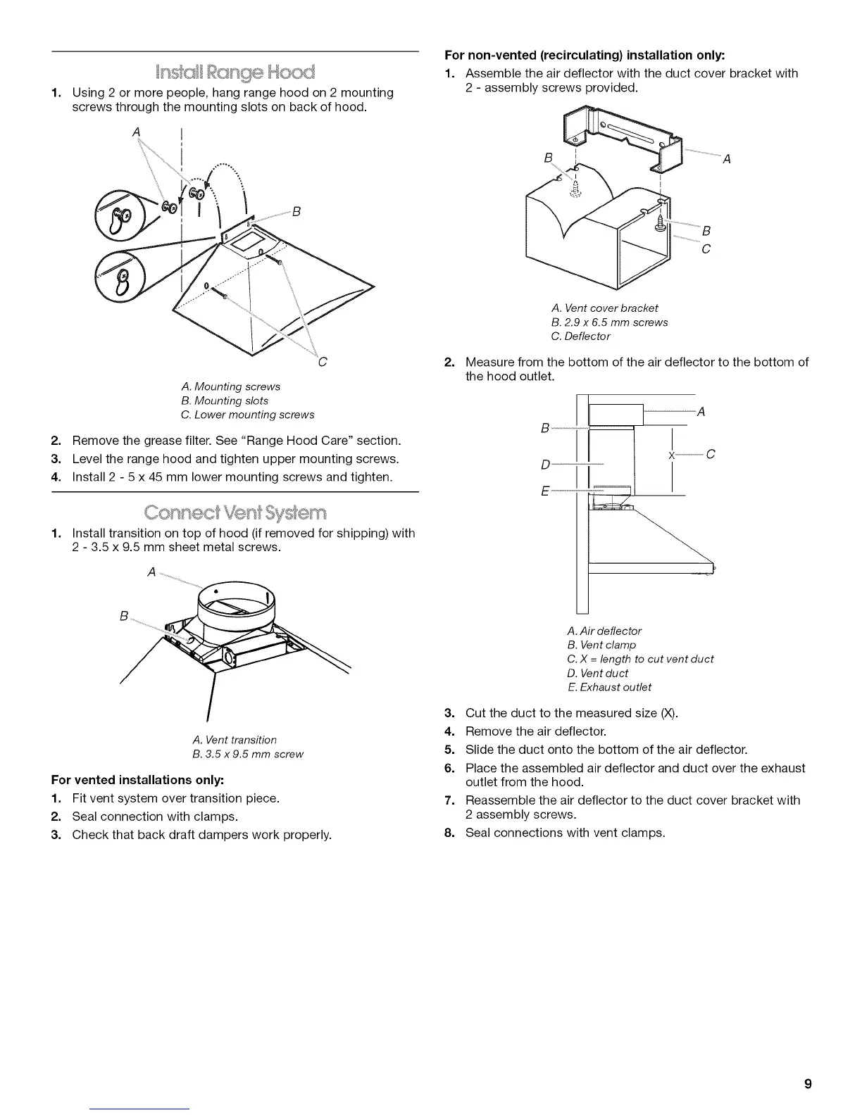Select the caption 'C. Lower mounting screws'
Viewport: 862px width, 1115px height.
[247, 415]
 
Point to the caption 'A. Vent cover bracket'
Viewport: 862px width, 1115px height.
[605, 308]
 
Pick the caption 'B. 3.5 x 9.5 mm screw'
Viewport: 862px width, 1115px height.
[247, 754]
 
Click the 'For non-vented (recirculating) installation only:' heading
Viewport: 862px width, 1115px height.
[584, 55]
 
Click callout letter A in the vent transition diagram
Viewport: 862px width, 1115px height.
[151, 572]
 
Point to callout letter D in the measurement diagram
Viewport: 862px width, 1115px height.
[544, 465]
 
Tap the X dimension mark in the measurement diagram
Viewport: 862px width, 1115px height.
[672, 455]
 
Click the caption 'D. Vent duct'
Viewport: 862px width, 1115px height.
[597, 673]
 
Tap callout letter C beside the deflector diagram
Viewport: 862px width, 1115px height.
[706, 249]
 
